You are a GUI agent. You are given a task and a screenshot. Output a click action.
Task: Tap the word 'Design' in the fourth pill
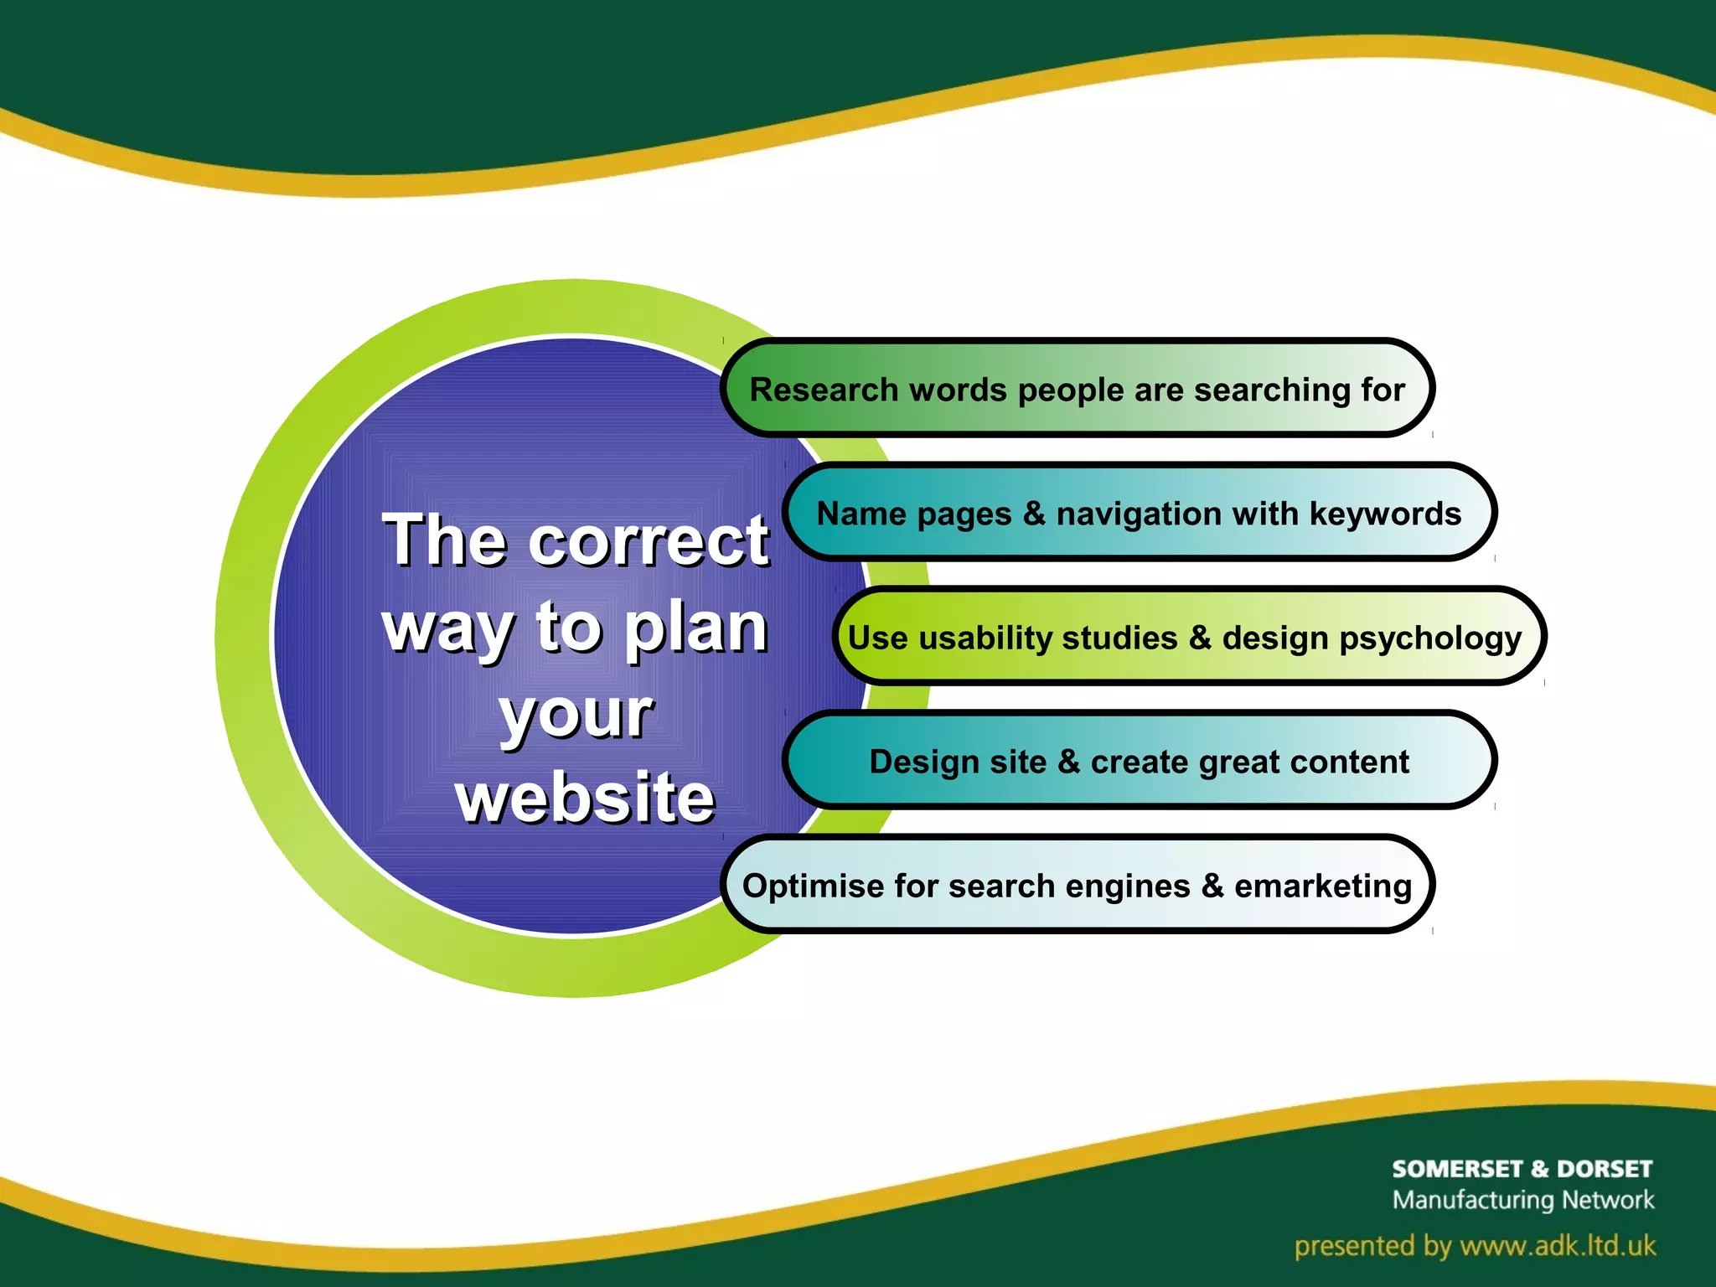click(x=916, y=762)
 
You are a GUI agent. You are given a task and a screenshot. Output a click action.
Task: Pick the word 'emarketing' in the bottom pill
click(x=1323, y=886)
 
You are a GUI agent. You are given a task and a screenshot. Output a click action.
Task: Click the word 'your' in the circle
click(x=576, y=714)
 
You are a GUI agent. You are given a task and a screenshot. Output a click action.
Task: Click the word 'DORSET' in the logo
click(x=1604, y=1169)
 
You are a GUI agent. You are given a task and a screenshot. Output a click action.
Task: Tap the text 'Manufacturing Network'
click(x=1522, y=1200)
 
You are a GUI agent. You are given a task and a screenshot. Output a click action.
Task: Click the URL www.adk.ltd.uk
click(x=1558, y=1246)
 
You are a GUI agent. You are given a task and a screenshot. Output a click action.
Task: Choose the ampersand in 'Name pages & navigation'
click(x=1034, y=514)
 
